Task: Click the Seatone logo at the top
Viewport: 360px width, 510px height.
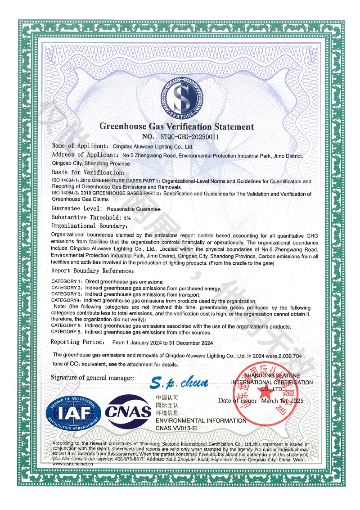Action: click(x=182, y=95)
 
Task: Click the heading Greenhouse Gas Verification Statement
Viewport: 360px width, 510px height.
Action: click(x=176, y=126)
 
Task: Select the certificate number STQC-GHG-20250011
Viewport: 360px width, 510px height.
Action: click(x=190, y=136)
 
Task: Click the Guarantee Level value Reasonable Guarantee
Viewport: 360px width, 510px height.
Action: click(x=133, y=209)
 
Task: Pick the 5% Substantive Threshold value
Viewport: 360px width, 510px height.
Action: click(x=127, y=218)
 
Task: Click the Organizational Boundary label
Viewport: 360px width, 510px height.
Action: click(x=87, y=226)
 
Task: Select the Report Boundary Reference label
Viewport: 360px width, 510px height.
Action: click(x=92, y=271)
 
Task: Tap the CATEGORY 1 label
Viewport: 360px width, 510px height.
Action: click(x=67, y=281)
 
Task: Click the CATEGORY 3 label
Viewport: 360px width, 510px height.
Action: click(x=67, y=294)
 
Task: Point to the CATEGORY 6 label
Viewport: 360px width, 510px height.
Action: click(x=67, y=332)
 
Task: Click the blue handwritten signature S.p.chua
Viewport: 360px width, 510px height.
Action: click(x=179, y=383)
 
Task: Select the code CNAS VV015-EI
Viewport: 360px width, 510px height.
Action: click(x=176, y=428)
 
